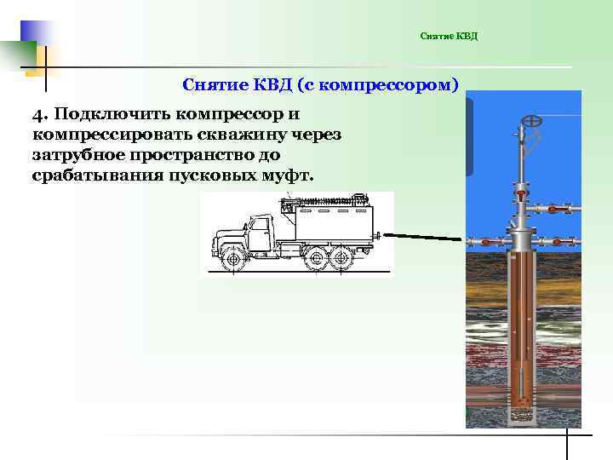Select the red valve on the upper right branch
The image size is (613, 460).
pyautogui.click(x=553, y=209)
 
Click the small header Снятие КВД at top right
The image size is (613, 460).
pyautogui.click(x=450, y=36)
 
